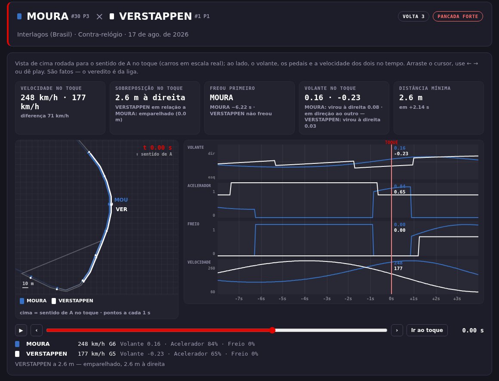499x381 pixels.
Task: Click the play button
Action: click(x=21, y=330)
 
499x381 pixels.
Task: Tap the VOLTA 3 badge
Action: click(x=413, y=16)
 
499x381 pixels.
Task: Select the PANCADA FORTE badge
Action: click(x=458, y=16)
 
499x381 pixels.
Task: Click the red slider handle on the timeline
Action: click(x=272, y=330)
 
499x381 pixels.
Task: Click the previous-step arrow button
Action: click(x=37, y=330)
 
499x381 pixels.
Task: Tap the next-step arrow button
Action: click(x=397, y=330)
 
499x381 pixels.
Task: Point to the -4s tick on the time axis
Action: click(x=305, y=298)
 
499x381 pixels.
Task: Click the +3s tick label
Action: click(x=457, y=298)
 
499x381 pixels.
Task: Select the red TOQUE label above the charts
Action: click(x=391, y=142)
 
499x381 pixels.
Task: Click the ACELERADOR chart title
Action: click(x=199, y=186)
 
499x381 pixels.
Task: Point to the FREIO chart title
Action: click(x=193, y=224)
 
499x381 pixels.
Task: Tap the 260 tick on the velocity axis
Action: click(x=211, y=268)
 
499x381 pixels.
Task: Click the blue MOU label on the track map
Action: click(x=121, y=200)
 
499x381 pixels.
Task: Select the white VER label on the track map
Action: click(x=122, y=209)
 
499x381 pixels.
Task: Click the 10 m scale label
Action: click(x=28, y=283)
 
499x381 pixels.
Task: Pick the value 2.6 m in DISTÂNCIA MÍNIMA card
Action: click(x=411, y=98)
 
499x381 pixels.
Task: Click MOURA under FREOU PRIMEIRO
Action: click(x=222, y=98)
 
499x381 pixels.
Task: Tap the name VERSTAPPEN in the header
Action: click(x=155, y=16)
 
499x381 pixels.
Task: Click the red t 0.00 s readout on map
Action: click(x=157, y=147)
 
